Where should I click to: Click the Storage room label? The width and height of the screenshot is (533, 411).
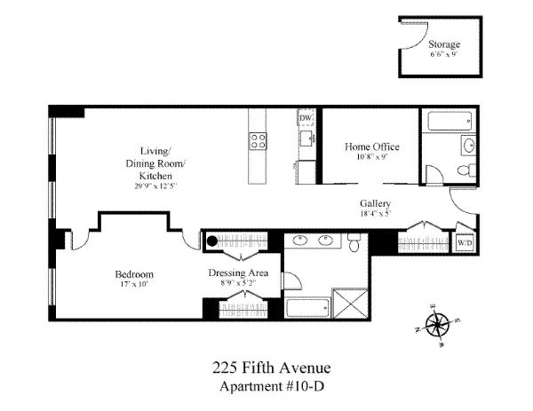[x=444, y=43]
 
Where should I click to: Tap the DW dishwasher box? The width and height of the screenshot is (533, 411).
[x=306, y=118]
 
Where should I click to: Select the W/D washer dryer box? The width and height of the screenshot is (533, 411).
[x=465, y=242]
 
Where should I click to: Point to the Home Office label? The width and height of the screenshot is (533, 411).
[x=371, y=146]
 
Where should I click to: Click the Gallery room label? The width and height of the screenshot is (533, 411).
[x=376, y=203]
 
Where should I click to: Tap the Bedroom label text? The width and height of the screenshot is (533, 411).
[x=134, y=273]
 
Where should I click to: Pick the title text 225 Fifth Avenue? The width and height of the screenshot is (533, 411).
[x=266, y=366]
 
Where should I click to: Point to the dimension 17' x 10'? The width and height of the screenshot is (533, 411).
[x=134, y=285]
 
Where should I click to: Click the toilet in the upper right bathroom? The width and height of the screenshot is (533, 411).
[x=462, y=171]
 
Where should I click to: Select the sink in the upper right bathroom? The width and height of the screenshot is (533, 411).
[x=467, y=145]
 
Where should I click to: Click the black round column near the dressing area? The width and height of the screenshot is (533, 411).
[x=211, y=238]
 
